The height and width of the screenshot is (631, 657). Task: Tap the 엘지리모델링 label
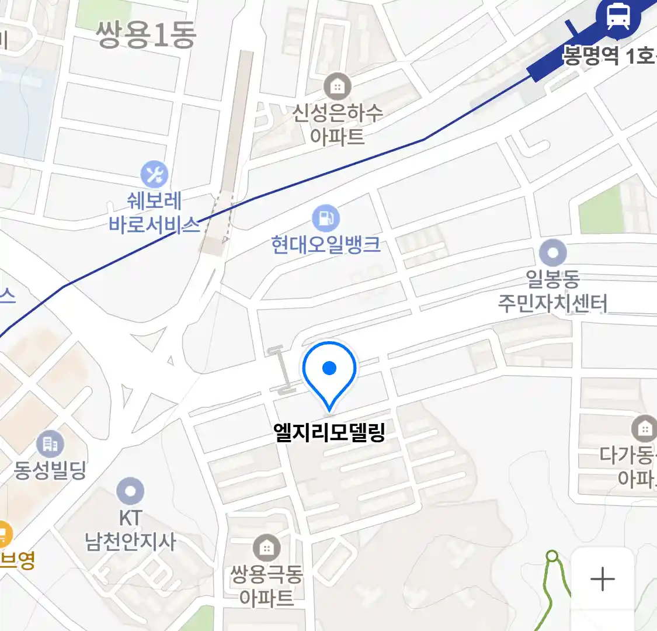329,432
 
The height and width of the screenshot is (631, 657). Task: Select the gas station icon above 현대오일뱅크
325,219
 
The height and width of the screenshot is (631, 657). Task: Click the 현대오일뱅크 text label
326,244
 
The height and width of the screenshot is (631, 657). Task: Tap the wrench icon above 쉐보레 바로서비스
154,174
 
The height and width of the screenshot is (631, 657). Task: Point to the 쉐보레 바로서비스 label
155,213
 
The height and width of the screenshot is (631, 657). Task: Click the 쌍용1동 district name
146,35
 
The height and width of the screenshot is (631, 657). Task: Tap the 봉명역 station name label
607,56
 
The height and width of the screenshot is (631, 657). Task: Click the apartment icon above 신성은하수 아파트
337,87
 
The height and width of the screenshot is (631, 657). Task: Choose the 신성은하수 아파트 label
338,124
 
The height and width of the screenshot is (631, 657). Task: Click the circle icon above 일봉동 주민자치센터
552,254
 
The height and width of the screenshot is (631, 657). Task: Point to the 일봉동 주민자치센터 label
552,291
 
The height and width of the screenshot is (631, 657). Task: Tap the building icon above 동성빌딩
50,444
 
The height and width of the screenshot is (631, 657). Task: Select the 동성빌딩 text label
50,470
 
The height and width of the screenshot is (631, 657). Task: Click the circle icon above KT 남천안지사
130,491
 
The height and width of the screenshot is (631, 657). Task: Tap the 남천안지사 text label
130,542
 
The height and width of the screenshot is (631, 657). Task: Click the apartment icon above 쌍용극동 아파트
266,548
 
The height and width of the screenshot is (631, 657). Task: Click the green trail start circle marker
552,556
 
